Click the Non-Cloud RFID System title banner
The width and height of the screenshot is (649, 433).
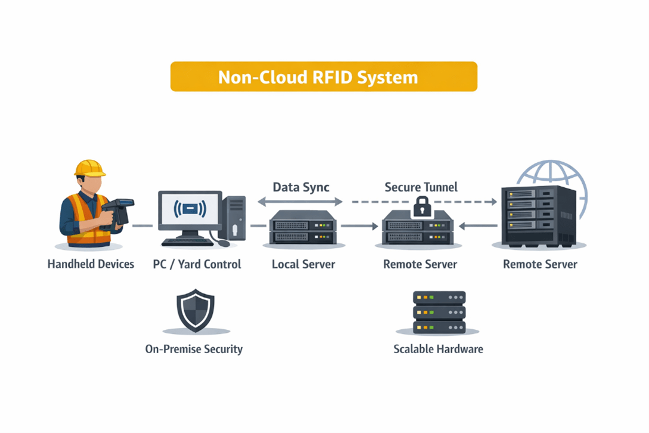(324, 77)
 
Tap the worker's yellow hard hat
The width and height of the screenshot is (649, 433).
(89, 168)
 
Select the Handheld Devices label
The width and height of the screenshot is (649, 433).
(91, 264)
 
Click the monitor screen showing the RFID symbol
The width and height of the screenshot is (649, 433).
(190, 210)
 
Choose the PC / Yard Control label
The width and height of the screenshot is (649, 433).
(197, 264)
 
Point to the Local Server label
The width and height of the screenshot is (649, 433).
(303, 264)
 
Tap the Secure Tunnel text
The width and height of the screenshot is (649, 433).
(421, 187)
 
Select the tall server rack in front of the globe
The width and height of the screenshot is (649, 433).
(538, 216)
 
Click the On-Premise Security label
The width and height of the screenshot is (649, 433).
(194, 349)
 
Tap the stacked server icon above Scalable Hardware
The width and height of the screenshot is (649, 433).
(439, 312)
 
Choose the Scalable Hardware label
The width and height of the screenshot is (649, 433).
(438, 349)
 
